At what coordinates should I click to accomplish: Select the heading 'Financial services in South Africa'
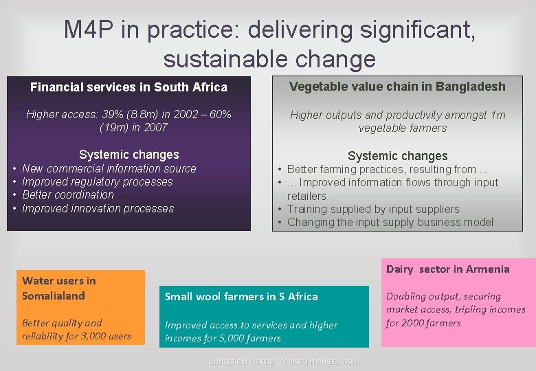(x=129, y=87)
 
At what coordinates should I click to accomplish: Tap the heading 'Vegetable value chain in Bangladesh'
(x=397, y=87)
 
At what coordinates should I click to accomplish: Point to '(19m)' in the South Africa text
(x=114, y=127)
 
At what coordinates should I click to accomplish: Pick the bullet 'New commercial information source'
(x=109, y=168)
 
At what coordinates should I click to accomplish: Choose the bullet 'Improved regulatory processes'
(x=98, y=181)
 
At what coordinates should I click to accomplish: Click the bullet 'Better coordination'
(x=68, y=194)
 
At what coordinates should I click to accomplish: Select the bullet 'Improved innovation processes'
(x=98, y=208)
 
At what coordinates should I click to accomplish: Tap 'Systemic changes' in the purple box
(x=129, y=155)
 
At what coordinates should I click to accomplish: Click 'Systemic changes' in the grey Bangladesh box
(x=397, y=156)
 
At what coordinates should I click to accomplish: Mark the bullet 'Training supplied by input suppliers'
(x=373, y=209)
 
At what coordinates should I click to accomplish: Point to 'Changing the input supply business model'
(x=390, y=222)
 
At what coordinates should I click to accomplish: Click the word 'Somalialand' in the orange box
(x=54, y=296)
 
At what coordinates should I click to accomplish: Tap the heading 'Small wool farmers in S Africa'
(x=241, y=297)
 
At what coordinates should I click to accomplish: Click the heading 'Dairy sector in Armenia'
(x=448, y=269)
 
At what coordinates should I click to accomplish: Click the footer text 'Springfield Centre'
(x=241, y=361)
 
